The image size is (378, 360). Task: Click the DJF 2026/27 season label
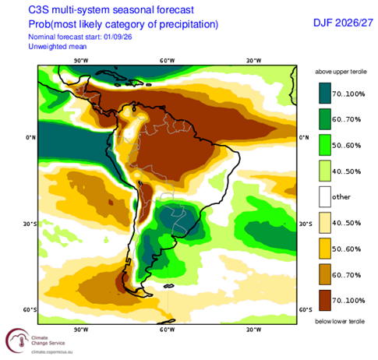[x=343, y=23]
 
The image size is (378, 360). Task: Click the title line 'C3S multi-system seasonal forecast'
[x=111, y=10]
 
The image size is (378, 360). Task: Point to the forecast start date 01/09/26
[x=118, y=37]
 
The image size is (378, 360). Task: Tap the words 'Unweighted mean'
[x=58, y=47]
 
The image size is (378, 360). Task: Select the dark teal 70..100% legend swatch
[x=325, y=94]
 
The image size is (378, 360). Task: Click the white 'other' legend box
[x=325, y=196]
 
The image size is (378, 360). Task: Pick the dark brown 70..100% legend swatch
[x=325, y=300]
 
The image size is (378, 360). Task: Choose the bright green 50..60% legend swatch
[x=325, y=145]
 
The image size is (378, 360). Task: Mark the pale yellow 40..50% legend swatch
[x=325, y=223]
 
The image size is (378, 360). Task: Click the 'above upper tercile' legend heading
[x=341, y=72]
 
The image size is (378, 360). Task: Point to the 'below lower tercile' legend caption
[x=340, y=322]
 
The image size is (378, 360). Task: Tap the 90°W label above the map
[x=81, y=61]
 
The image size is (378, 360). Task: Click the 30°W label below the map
[x=254, y=330]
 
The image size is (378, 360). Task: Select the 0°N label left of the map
[x=30, y=137]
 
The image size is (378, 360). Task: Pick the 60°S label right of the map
[x=306, y=309]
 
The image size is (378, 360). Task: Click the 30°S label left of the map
[x=30, y=224]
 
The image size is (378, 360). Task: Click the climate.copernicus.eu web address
[x=52, y=352]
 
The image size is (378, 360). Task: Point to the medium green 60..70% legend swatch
[x=325, y=119]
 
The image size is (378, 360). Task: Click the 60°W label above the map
[x=168, y=61]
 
